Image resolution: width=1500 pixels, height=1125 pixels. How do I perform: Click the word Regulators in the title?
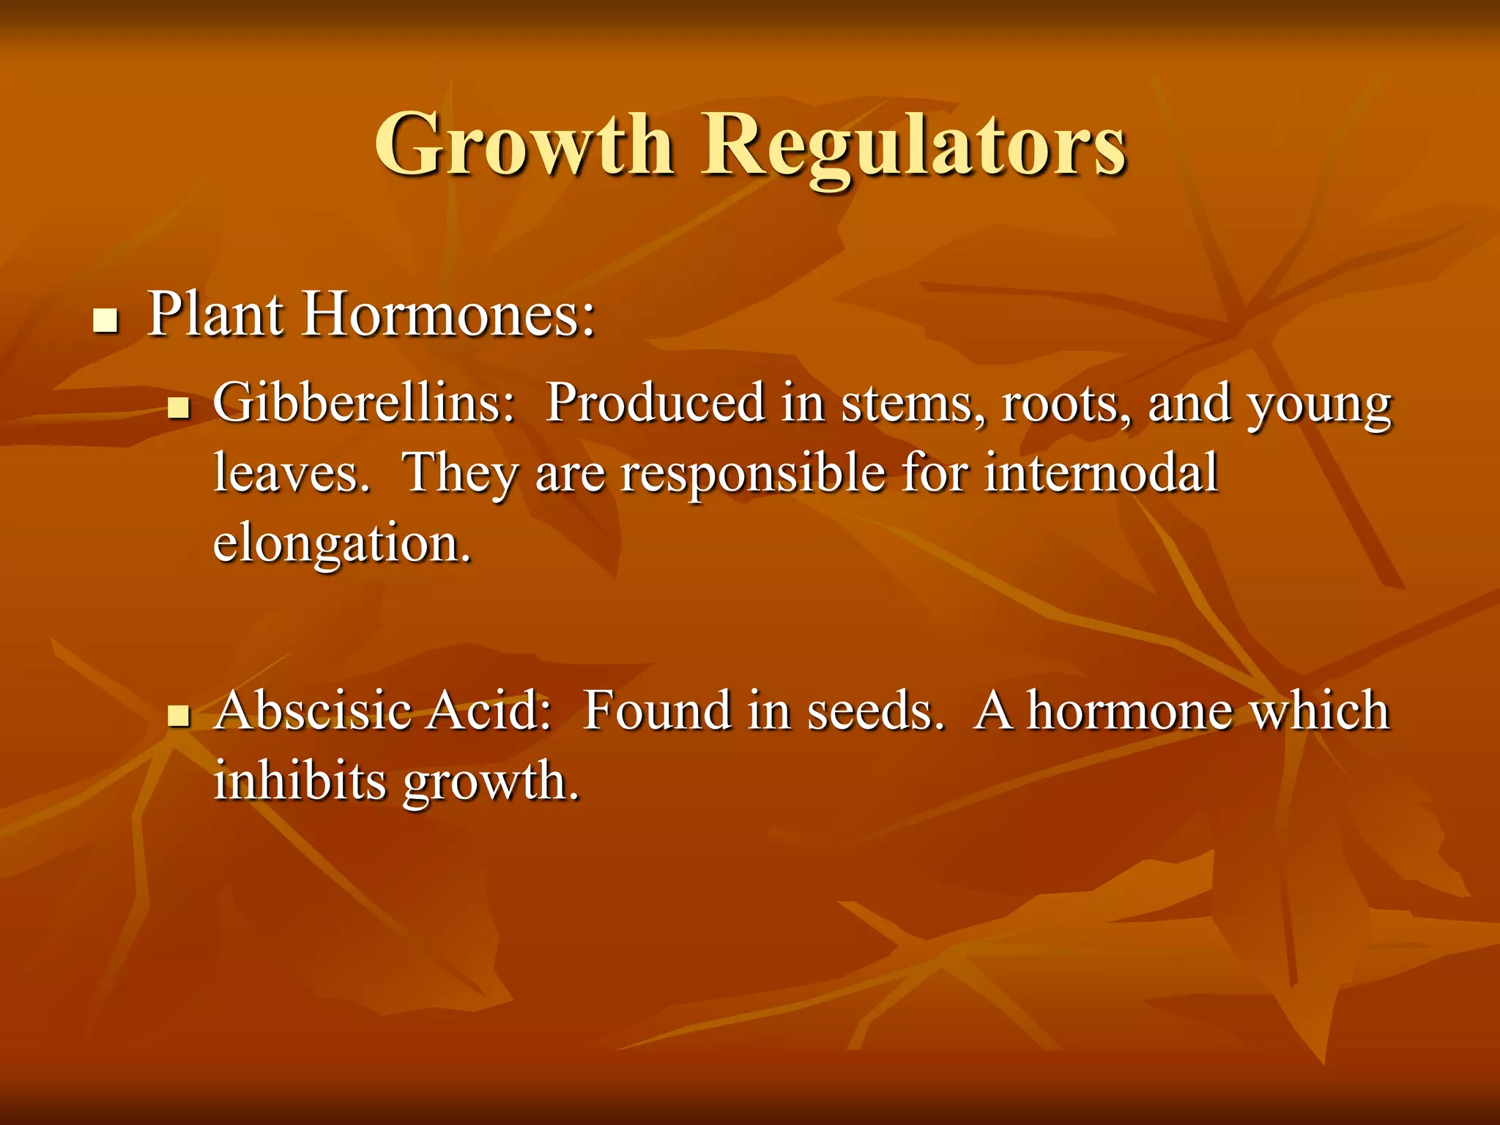point(913,146)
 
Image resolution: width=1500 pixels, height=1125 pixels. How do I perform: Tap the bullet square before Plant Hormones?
point(106,321)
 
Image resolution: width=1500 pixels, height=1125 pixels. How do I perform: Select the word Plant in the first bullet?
point(215,315)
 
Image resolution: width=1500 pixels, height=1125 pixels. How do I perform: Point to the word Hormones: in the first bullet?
point(449,315)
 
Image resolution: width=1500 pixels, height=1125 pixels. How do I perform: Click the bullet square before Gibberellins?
point(178,409)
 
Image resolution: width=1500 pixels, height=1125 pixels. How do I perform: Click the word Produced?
point(656,402)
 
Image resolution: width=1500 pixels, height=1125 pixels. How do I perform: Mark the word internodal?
point(1101,472)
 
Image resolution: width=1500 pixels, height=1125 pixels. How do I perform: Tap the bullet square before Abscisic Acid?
point(178,716)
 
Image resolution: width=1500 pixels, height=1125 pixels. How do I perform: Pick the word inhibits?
point(300,781)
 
